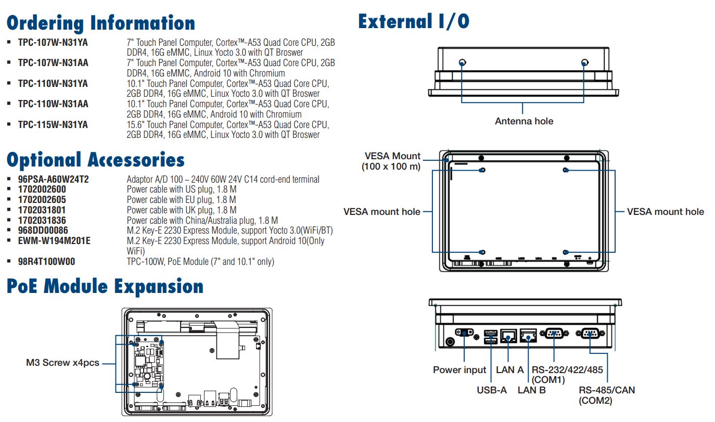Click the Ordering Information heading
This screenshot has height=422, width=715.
click(x=101, y=23)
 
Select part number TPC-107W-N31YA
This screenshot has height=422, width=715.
click(x=53, y=43)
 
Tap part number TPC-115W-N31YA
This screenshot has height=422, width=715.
click(x=53, y=125)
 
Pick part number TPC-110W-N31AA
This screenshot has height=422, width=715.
click(x=53, y=104)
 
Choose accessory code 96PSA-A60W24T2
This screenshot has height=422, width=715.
click(x=54, y=180)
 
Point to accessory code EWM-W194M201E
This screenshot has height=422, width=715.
click(x=54, y=241)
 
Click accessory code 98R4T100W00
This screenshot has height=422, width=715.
click(x=46, y=261)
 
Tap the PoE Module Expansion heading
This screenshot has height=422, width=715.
click(x=105, y=287)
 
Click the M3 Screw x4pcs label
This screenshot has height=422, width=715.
click(x=62, y=363)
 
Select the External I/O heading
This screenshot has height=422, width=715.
click(x=414, y=22)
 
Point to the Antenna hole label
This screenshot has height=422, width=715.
click(x=524, y=121)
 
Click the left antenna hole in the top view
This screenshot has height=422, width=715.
click(x=462, y=62)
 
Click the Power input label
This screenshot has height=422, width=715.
click(x=459, y=370)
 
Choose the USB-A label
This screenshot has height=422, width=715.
click(x=491, y=390)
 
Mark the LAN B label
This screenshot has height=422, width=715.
click(x=532, y=390)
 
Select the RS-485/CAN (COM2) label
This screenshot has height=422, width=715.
click(x=607, y=395)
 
